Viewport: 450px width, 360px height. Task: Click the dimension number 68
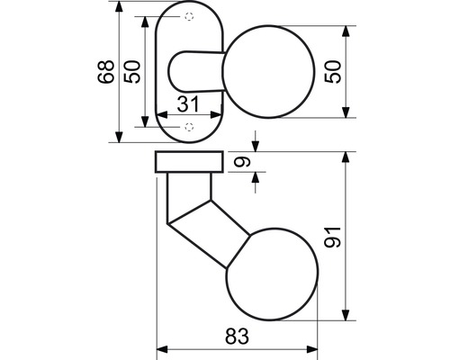[x=106, y=71]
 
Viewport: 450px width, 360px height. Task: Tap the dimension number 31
[x=188, y=103]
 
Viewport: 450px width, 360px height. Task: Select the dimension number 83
[x=237, y=337]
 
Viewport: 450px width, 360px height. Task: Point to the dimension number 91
[x=333, y=237]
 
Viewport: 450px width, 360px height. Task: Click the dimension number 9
[x=242, y=161]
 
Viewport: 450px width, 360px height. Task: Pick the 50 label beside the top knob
[x=333, y=72]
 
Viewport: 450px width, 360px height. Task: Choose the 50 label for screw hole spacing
[x=132, y=72]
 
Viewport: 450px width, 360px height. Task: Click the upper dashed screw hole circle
[x=189, y=16]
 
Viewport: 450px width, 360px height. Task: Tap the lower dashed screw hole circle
[x=189, y=127]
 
